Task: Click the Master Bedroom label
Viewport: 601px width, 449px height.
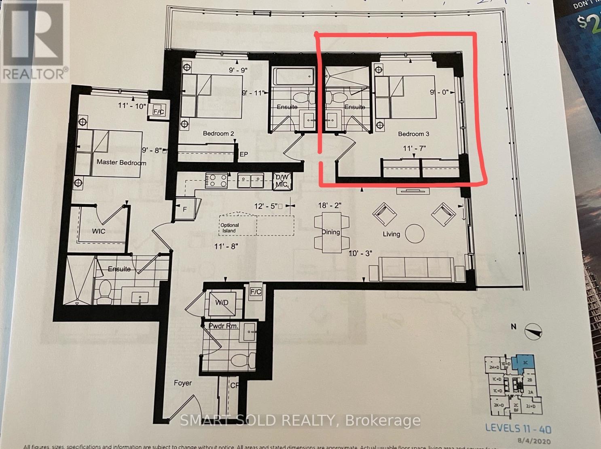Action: click(121, 162)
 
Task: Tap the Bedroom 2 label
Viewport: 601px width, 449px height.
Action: click(218, 134)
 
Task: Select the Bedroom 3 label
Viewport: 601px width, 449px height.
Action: click(413, 134)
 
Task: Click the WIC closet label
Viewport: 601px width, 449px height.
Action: click(99, 231)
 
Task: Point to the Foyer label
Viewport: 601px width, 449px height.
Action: click(183, 383)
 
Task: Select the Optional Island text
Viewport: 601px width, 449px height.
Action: click(229, 228)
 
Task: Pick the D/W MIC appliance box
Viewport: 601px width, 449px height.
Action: click(281, 180)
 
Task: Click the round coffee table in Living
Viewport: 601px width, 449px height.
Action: click(415, 233)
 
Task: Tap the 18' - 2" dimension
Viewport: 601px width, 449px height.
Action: click(330, 206)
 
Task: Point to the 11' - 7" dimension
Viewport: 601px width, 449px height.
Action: click(414, 148)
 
